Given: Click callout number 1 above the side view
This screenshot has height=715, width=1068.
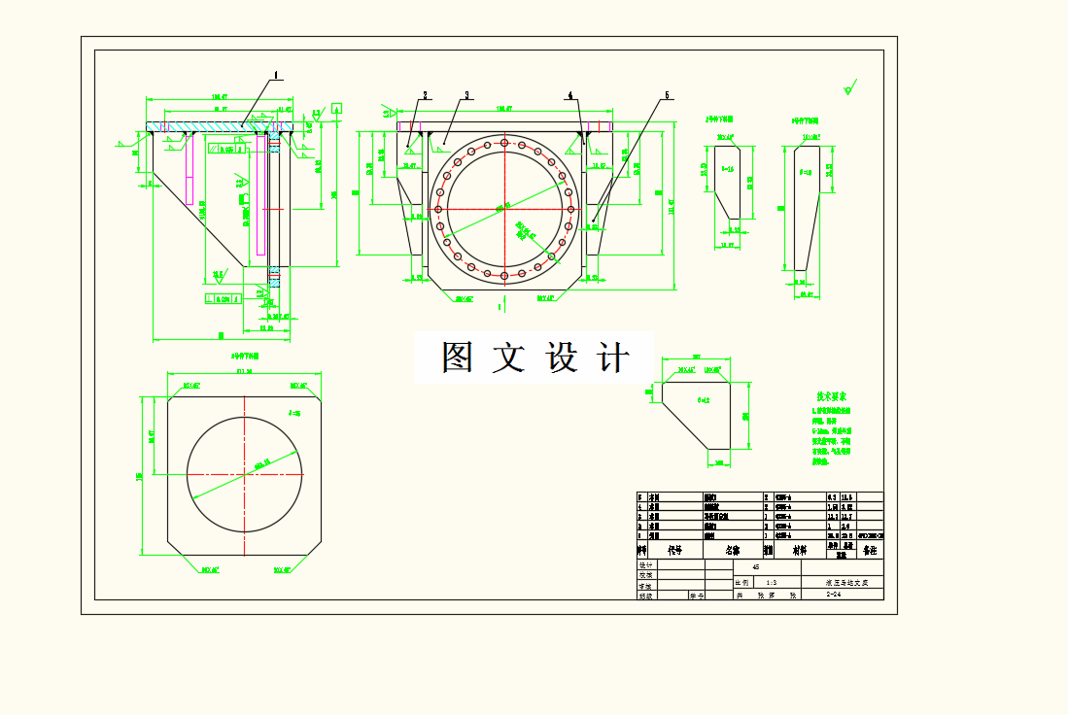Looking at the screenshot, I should click(276, 74).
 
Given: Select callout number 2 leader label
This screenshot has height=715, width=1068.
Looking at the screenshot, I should click(425, 95).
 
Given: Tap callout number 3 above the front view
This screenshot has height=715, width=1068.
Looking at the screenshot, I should click(466, 95).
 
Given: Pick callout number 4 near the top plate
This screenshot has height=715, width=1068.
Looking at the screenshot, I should click(570, 95).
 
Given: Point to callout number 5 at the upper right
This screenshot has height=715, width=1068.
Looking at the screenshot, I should click(668, 95).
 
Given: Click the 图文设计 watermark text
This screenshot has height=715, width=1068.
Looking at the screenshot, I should click(534, 357).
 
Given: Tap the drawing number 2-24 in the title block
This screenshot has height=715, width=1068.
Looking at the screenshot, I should click(833, 596).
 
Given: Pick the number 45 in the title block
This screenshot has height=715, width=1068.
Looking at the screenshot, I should click(756, 565).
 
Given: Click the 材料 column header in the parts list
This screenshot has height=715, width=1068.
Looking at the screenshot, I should click(799, 549).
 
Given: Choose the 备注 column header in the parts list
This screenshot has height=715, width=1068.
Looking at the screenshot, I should click(870, 549).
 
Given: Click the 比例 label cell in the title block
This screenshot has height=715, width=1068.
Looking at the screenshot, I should click(742, 582).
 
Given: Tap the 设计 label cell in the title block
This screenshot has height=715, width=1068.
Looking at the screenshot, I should click(645, 564).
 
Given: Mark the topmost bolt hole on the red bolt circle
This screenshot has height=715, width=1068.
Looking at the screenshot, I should click(503, 143).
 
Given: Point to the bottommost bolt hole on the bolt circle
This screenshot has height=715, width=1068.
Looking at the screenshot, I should click(503, 276).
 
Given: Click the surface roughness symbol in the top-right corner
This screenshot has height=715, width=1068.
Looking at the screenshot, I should click(850, 90).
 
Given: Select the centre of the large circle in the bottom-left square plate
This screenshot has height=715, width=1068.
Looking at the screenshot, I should click(245, 473).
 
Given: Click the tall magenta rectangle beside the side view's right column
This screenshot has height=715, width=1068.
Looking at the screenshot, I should click(260, 194).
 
